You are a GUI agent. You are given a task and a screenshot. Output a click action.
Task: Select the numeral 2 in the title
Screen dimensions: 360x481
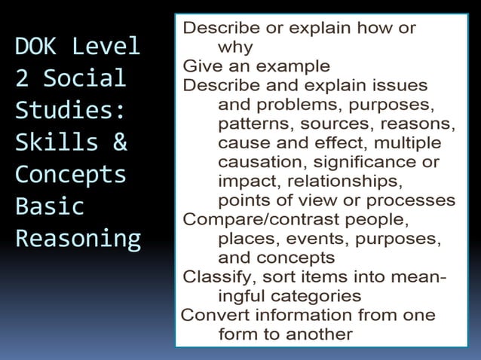point(22,79)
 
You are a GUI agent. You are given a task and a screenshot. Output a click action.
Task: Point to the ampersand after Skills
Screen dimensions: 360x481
point(118,142)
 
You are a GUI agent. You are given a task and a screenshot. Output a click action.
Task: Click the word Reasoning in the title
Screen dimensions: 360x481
point(78,239)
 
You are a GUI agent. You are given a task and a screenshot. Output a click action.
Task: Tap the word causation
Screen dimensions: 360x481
point(253,161)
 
